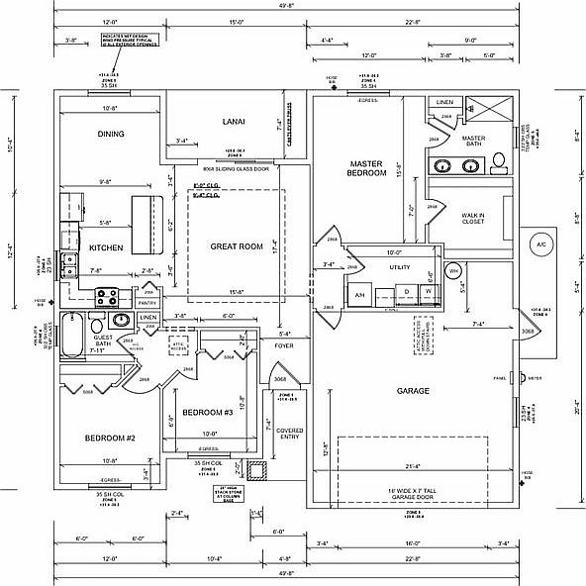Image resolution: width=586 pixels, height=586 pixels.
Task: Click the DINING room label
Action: coord(110,134)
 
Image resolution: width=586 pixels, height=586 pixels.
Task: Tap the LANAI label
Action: coord(234,122)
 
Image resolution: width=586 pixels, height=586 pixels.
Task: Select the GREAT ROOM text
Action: coord(236,245)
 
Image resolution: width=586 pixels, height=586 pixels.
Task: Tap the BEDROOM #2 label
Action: coord(109,438)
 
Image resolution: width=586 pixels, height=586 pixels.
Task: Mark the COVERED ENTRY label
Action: coord(290,435)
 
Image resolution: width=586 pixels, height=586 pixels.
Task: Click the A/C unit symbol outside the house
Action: coord(540,244)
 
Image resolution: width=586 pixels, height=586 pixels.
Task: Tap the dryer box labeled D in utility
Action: coord(407,292)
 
